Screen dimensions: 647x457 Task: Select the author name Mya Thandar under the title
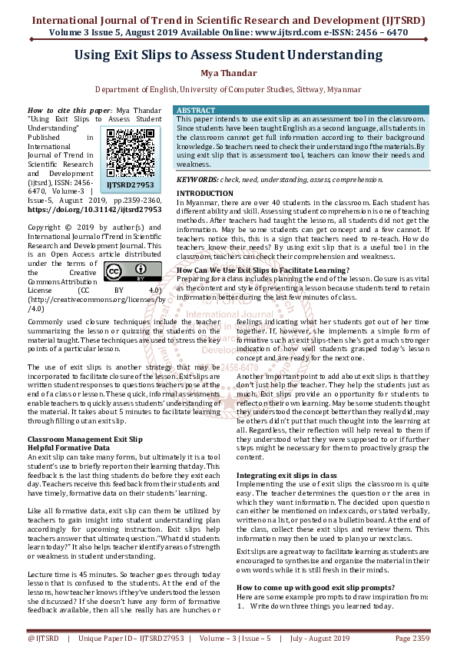pyautogui.click(x=227, y=74)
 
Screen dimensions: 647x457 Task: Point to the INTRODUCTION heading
pyautogui.click(x=204, y=193)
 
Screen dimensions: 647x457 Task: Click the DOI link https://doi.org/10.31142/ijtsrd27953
pyautogui.click(x=94, y=208)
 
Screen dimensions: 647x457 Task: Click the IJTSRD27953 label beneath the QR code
pyautogui.click(x=130, y=185)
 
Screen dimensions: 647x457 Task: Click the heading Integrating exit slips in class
pyautogui.click(x=286, y=476)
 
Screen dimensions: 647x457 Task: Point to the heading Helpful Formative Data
pyautogui.click(x=69, y=447)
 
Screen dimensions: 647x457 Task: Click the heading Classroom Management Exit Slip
pyautogui.click(x=84, y=439)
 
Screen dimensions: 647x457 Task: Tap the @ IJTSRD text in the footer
pyautogui.click(x=44, y=639)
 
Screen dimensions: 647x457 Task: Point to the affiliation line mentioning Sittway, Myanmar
pyautogui.click(x=227, y=90)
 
